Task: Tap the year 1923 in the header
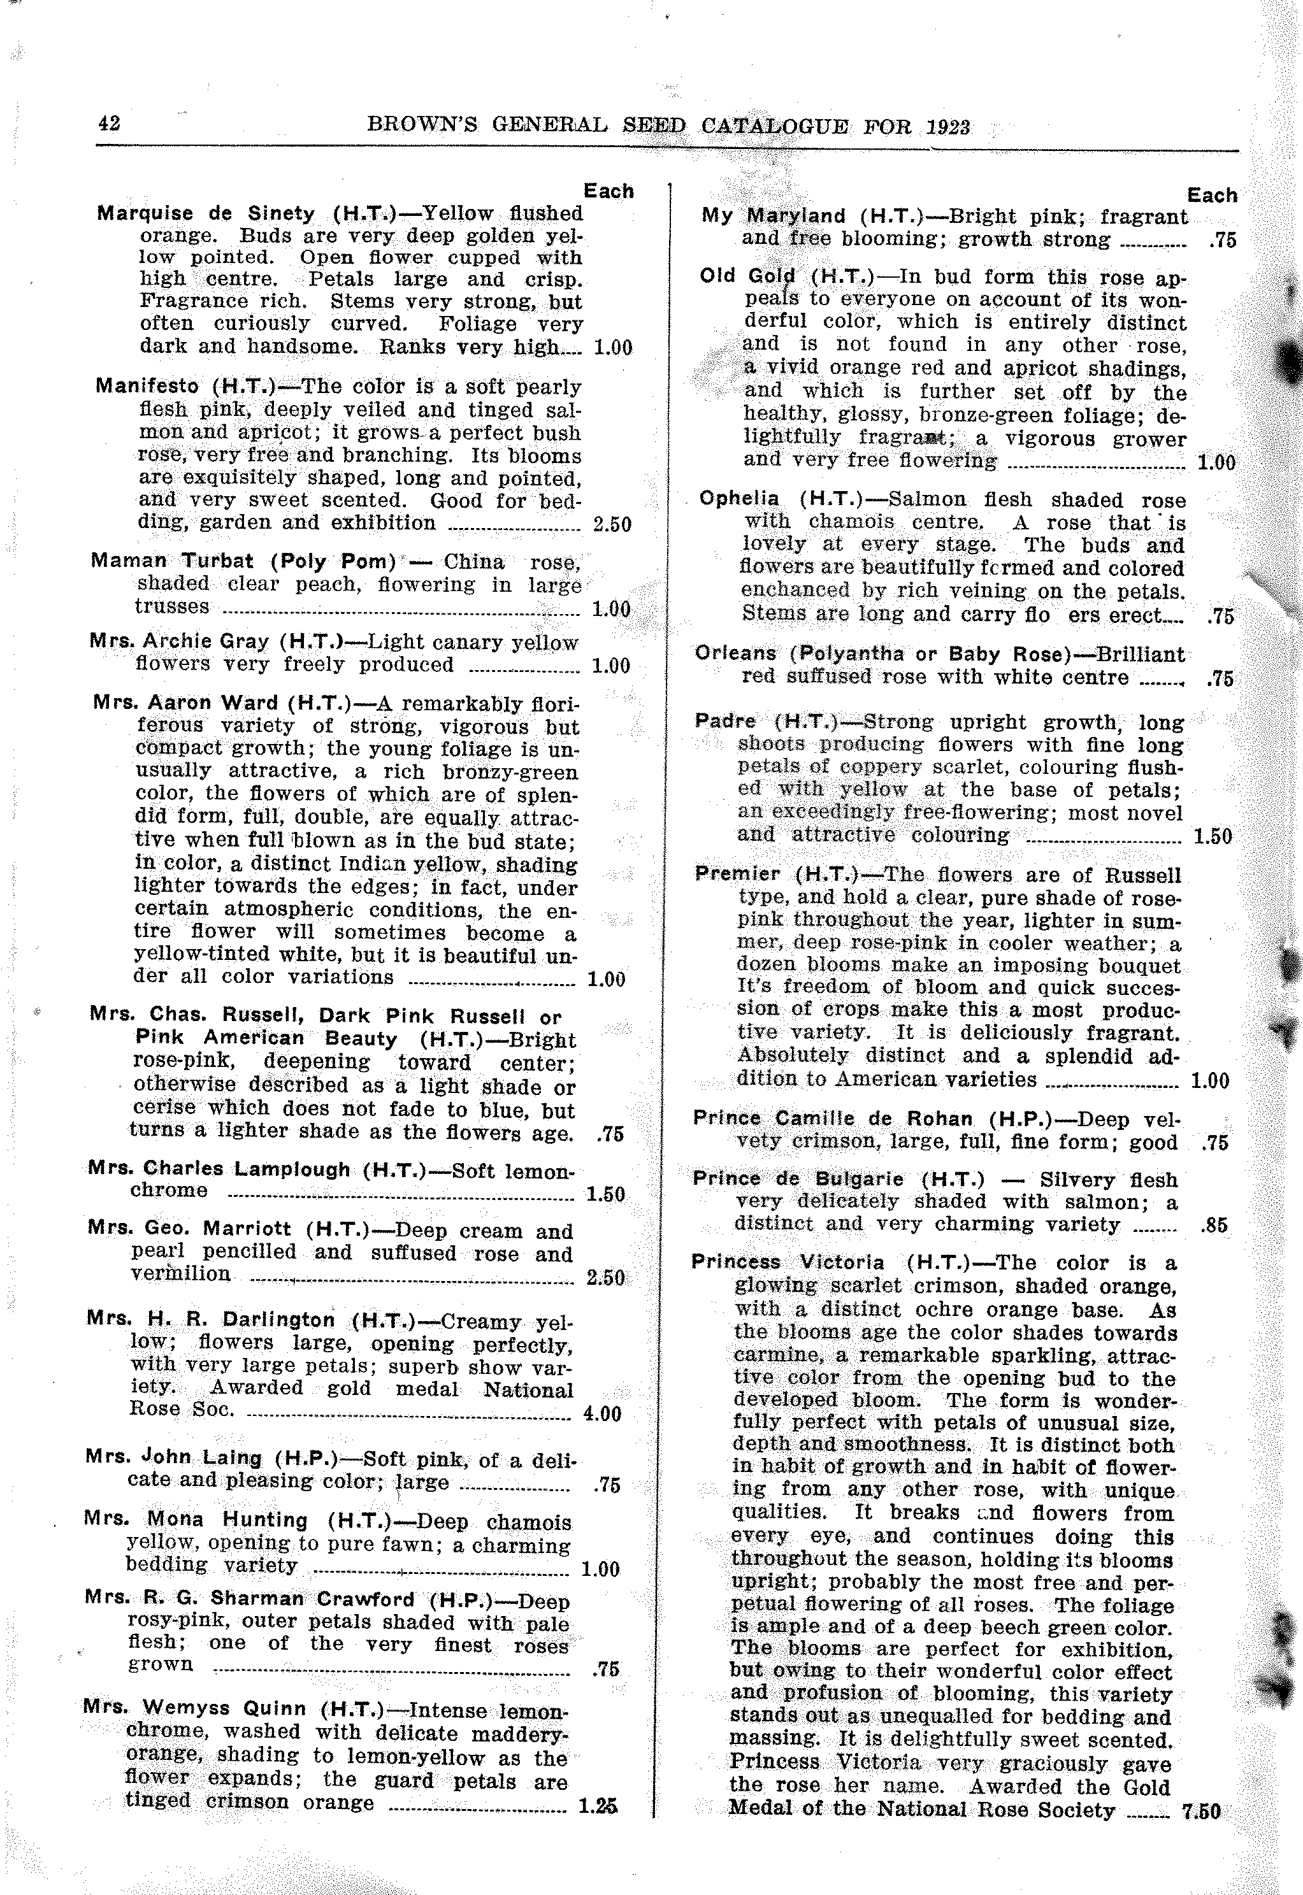click(948, 127)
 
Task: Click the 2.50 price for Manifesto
click(612, 524)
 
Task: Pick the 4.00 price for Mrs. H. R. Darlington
click(603, 1413)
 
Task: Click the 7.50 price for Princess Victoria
click(1201, 1811)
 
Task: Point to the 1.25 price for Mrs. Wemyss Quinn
click(598, 1806)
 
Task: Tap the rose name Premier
click(737, 874)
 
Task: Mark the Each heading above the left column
click(608, 192)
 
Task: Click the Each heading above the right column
click(1211, 196)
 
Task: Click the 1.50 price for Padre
click(1213, 836)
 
